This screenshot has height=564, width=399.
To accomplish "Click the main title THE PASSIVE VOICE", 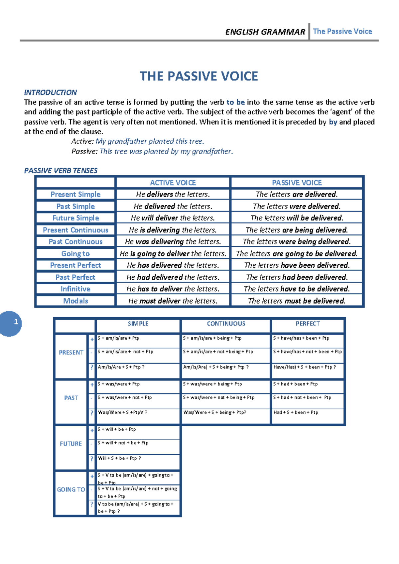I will [x=199, y=76].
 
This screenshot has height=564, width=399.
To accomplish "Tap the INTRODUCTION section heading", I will [x=50, y=92].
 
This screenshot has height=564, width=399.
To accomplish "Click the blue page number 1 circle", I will [x=12, y=323].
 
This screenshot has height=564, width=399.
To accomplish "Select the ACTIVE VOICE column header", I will [x=173, y=183].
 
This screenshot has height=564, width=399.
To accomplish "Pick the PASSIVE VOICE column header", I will [x=297, y=183].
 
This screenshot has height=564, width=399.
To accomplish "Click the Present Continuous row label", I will [x=75, y=230].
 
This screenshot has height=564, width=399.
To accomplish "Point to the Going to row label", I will [x=75, y=253].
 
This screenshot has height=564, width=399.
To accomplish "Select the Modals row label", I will [x=75, y=301].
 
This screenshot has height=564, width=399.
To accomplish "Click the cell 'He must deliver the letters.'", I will [x=173, y=301].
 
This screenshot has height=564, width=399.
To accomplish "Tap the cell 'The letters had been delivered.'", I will [x=297, y=277].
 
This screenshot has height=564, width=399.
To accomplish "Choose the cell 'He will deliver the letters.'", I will [x=173, y=218].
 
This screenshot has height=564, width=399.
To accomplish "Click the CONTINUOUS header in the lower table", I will [x=226, y=324].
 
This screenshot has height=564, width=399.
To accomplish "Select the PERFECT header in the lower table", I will [x=308, y=324].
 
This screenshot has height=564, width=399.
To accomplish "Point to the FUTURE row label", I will [x=71, y=444].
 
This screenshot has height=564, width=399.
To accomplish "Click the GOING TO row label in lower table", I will [x=71, y=490].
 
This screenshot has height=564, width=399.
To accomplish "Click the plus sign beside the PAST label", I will [x=92, y=385].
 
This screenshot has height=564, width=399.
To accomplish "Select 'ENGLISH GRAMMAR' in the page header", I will [x=265, y=32].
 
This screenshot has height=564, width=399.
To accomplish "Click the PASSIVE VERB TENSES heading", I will [x=61, y=171].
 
